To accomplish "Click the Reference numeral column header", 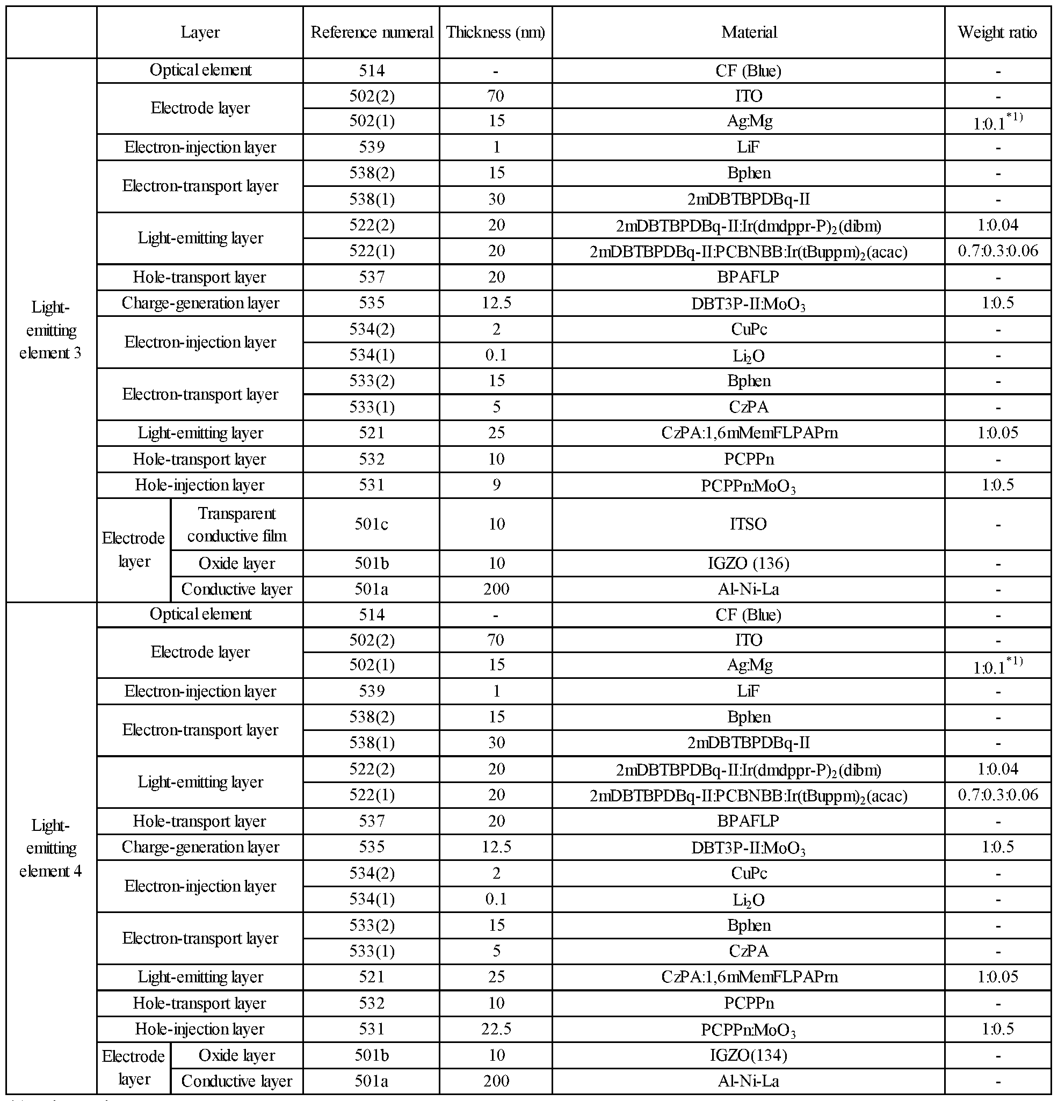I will (371, 32).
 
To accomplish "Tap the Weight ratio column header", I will (997, 32).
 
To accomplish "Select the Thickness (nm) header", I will (495, 32).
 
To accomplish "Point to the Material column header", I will (749, 32).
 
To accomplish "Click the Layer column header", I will (200, 32).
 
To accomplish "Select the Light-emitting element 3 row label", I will (50, 330).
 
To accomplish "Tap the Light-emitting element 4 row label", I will (50, 848).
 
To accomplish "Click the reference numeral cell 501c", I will (371, 524).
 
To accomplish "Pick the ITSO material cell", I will (748, 524).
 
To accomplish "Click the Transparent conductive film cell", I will (236, 524).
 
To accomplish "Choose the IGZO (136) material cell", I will (748, 563).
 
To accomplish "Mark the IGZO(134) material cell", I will (748, 1055).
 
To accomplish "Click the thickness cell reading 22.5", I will (496, 1028).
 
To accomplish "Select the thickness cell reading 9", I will (496, 485).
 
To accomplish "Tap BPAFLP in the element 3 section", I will (748, 277).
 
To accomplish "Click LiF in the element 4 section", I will (748, 691).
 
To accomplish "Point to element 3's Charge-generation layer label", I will (200, 303).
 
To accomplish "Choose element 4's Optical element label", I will (200, 614).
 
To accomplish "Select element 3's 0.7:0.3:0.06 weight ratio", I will (997, 250).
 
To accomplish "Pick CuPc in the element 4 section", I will (748, 873).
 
